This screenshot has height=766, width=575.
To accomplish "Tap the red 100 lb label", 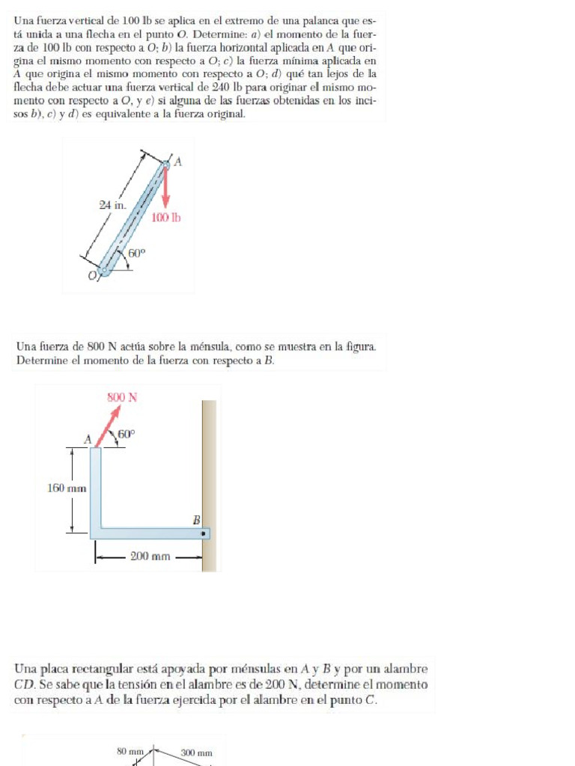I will click(166, 218).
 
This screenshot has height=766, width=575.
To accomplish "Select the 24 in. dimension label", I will click(112, 203).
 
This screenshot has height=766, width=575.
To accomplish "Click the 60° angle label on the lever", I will click(136, 253).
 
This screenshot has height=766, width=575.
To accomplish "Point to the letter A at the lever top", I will click(177, 161).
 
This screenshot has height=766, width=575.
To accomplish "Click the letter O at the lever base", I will click(93, 277).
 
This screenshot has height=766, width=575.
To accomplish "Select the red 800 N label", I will click(121, 397).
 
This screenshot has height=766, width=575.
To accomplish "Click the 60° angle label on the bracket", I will click(127, 434).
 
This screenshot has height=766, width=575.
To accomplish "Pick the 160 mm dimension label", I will click(67, 488).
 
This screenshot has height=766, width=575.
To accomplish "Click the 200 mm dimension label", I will click(150, 557).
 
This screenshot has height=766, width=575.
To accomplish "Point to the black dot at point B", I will click(203, 533).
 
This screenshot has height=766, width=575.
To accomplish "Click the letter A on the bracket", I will click(88, 441).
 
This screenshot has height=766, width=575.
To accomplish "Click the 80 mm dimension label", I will click(130, 752).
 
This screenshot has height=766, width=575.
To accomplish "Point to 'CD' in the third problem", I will click(22, 684).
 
